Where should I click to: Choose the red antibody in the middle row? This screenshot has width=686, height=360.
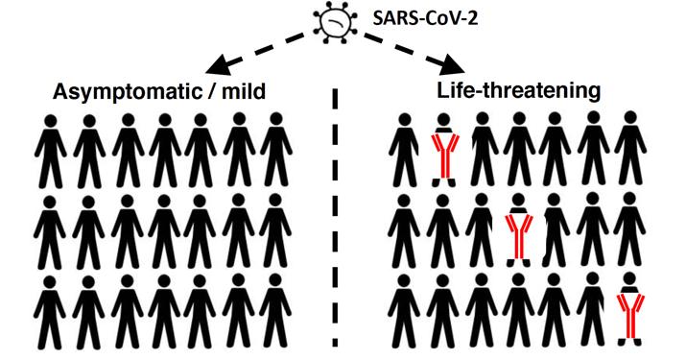point(519,238)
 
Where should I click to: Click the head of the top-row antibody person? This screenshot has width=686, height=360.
point(444,120)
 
